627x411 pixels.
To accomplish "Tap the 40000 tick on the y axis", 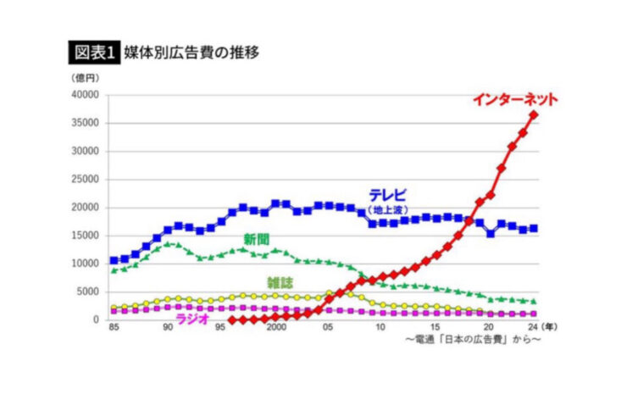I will (x=87, y=95).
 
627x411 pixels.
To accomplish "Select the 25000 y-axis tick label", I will (x=87, y=179).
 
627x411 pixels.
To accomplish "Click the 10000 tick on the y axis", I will (x=87, y=264).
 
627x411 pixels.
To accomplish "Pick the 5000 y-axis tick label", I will (x=90, y=292).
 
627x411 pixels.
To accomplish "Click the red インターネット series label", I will (x=515, y=99).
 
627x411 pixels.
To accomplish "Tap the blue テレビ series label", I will (x=387, y=192).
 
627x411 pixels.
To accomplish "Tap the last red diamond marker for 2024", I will (x=533, y=115).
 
